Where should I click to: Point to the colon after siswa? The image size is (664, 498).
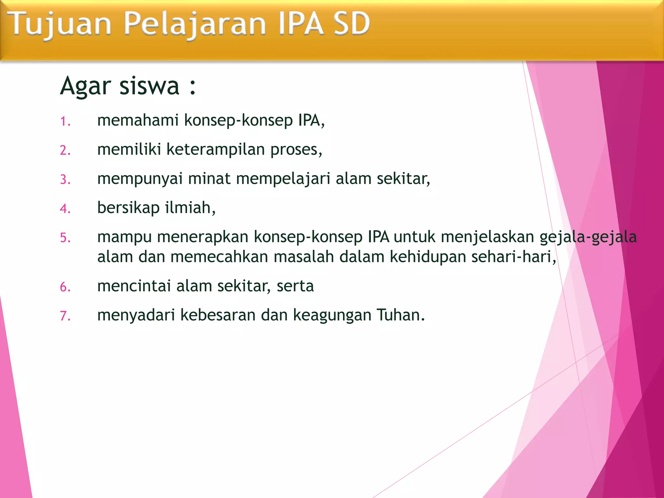coord(193,87)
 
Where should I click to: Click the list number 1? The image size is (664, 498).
coord(65,121)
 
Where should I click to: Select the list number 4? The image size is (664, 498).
coord(65,208)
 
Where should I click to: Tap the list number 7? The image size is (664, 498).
coord(65,316)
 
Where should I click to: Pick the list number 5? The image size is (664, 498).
coord(65,238)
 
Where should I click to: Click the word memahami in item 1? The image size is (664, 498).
coord(138,120)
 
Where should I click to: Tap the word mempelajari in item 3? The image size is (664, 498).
coord(283,179)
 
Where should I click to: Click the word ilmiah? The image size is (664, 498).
coord(190,207)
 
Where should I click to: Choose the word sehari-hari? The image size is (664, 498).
coord(514,257)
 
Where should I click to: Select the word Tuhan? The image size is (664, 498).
coord(400,315)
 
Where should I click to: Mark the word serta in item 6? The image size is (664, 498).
coord(295,286)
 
